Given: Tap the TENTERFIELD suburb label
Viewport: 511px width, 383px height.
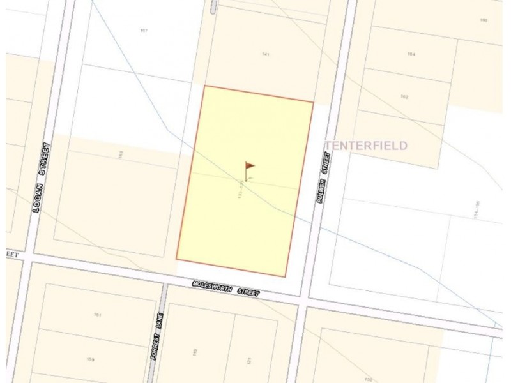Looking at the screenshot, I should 366,146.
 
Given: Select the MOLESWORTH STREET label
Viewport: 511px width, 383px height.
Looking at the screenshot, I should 227,288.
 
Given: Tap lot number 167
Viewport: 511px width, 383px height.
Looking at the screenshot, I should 144,30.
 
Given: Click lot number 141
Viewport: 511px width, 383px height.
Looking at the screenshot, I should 265,54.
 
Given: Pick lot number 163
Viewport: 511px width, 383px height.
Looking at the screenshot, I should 119,154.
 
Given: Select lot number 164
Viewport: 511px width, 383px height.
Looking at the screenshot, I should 412,54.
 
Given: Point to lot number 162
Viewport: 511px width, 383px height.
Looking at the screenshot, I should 404,96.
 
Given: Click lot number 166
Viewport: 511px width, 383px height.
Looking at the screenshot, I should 484,20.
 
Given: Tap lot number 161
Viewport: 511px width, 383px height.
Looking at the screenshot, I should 97,315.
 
